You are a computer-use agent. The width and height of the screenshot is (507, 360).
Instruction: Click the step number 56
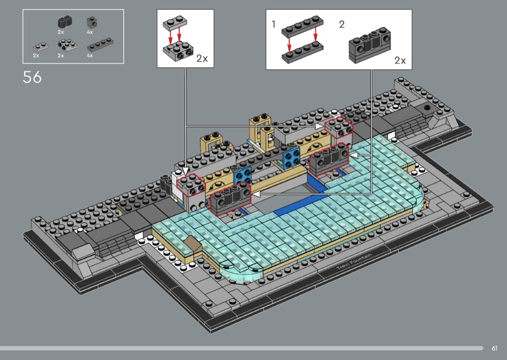32,77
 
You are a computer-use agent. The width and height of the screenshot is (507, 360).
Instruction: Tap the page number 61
494,348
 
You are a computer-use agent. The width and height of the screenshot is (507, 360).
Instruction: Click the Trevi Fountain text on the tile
354,262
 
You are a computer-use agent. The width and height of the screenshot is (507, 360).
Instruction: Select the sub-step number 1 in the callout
274,24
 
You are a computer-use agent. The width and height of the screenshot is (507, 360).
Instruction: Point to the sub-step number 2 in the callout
342,24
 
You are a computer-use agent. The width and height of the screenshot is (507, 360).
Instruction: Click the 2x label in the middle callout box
202,58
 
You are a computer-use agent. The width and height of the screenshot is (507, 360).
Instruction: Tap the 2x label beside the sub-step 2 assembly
400,60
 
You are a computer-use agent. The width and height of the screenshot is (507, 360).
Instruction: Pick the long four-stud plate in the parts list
100,45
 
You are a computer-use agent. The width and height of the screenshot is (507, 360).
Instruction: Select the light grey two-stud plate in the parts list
41,47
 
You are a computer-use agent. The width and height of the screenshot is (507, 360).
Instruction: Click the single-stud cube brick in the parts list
92,23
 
